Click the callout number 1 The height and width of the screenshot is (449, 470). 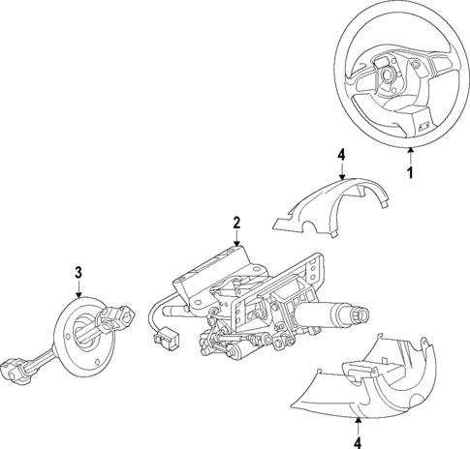410,174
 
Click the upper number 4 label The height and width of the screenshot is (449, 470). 340,154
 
